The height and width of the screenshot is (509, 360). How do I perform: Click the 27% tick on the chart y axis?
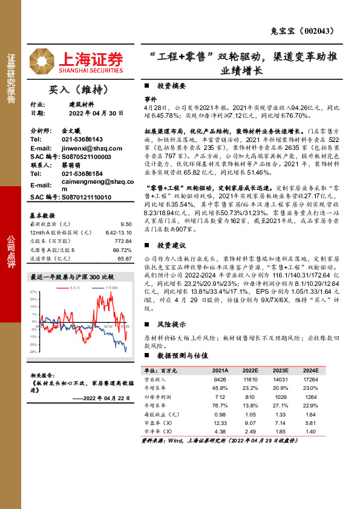pyautogui.click(x=33, y=292)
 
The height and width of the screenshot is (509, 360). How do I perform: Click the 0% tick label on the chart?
pyautogui.click(x=34, y=322)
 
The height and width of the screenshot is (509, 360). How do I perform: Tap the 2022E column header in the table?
pyautogui.click(x=249, y=370)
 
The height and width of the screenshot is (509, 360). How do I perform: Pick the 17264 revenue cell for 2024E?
pyautogui.click(x=310, y=379)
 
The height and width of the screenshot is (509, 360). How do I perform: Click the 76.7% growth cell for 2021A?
pyautogui.click(x=220, y=405)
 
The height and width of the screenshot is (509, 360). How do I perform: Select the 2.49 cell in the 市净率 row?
pyautogui.click(x=250, y=432)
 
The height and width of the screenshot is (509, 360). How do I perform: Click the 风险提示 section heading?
pyautogui.click(x=171, y=323)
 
